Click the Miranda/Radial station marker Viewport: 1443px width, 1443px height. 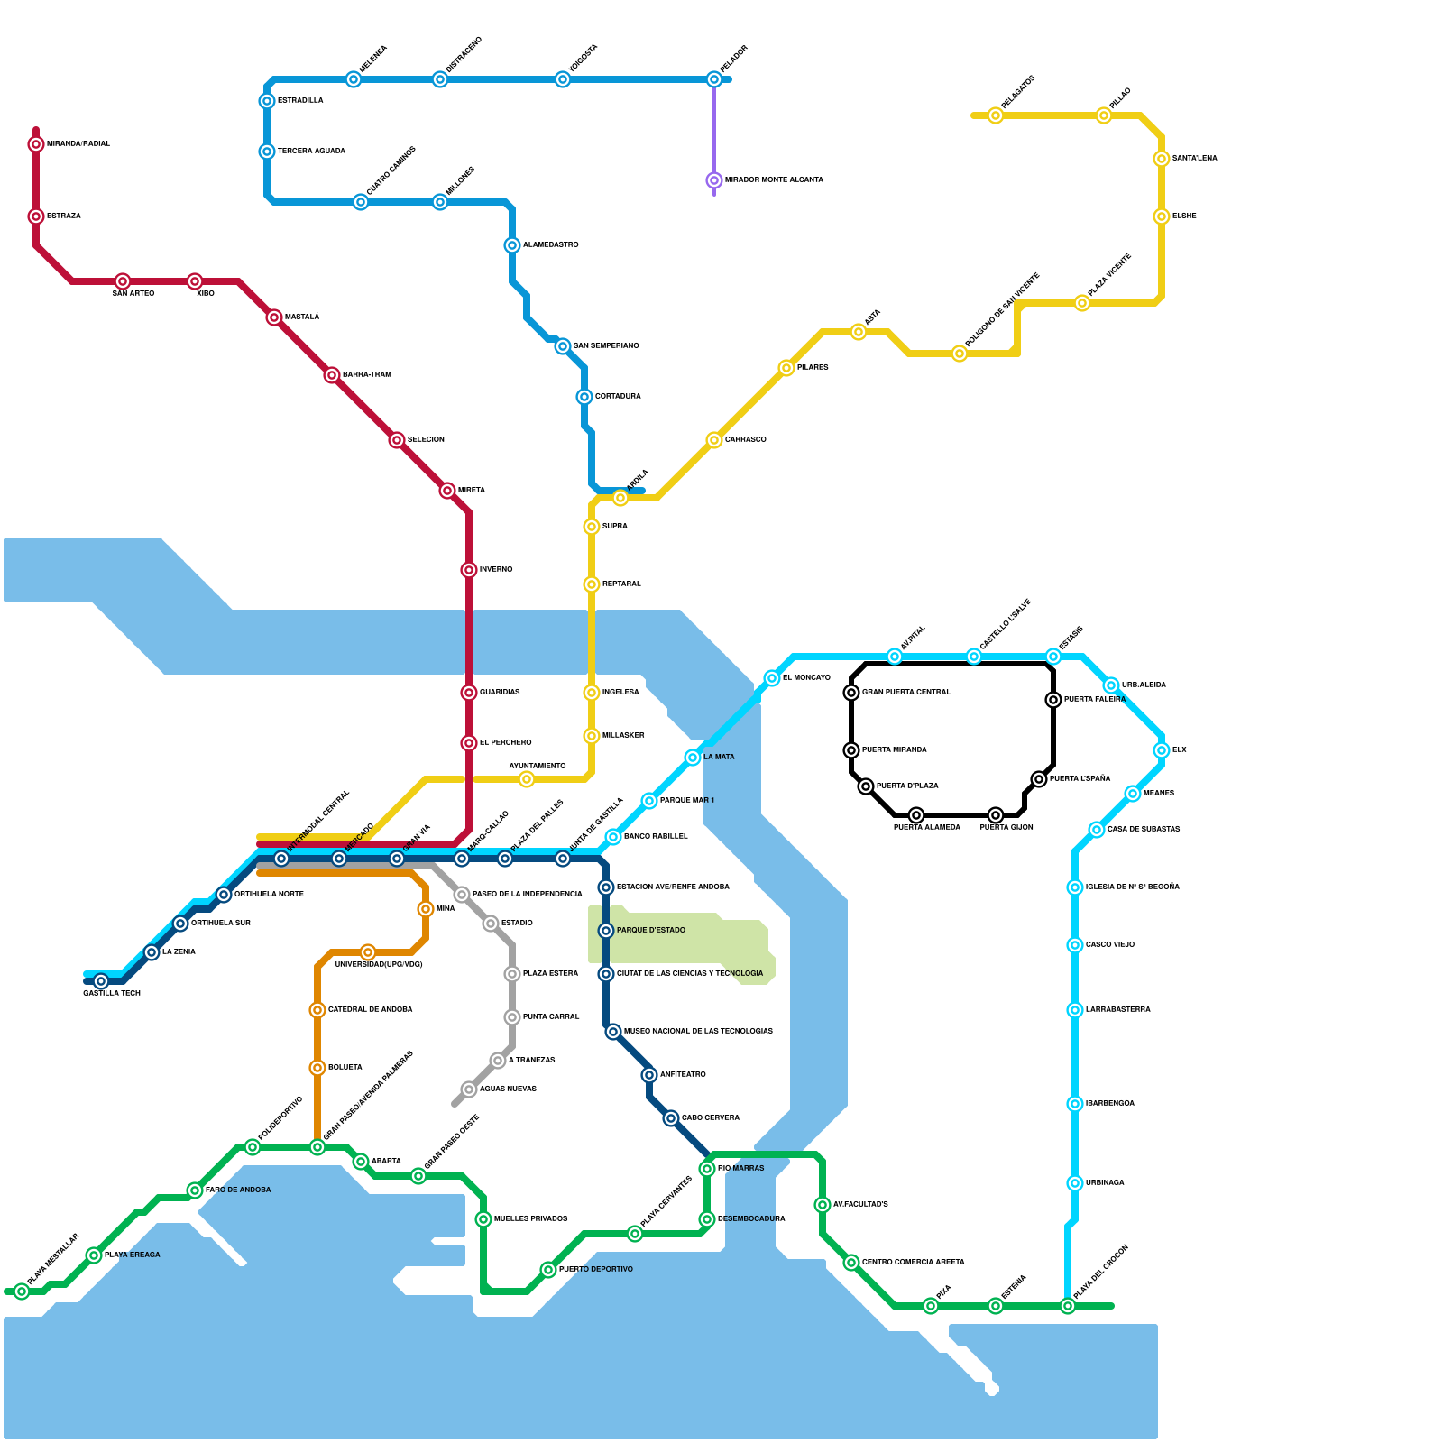(36, 144)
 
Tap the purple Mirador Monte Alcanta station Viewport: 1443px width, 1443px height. (714, 180)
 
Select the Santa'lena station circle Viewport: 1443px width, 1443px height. (1162, 159)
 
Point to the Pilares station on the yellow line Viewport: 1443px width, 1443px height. (786, 368)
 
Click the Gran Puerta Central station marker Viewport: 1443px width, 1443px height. (851, 693)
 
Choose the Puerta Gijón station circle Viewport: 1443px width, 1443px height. (996, 815)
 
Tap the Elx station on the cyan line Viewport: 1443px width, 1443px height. (1162, 750)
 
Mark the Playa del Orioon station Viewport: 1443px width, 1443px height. (1068, 1306)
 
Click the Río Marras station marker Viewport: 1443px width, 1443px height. (707, 1169)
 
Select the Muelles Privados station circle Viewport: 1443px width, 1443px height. (483, 1219)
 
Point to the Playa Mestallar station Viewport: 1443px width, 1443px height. (22, 1291)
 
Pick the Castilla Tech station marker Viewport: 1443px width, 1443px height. (101, 981)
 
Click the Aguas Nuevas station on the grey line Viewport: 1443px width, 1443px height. (469, 1089)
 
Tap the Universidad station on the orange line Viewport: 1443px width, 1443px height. (368, 952)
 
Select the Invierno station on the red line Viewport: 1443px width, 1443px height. (469, 570)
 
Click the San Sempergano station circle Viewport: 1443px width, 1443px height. (563, 346)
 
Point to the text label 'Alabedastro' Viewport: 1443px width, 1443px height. (550, 245)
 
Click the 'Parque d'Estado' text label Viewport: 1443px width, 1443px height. (650, 931)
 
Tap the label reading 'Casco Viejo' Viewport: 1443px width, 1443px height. (1109, 945)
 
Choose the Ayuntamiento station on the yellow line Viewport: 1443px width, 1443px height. (527, 779)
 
